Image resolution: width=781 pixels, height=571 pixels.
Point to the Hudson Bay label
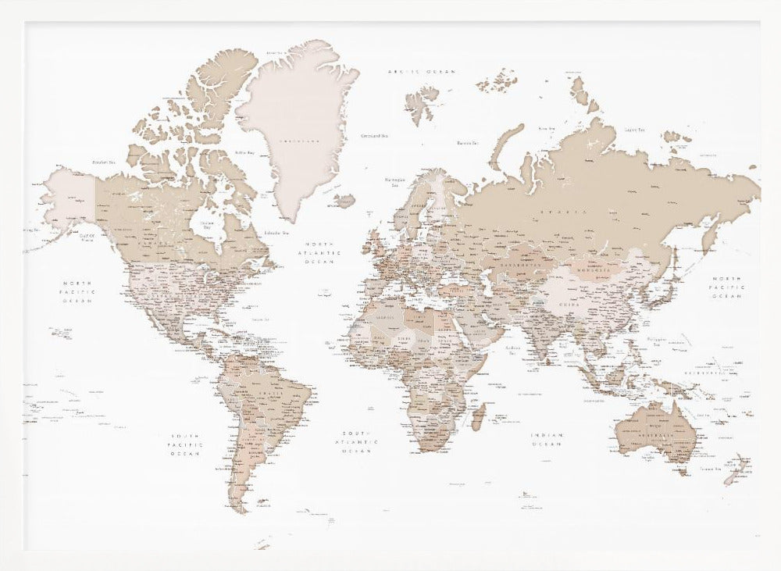(x=207, y=226)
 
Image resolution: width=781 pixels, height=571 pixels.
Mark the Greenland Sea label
(x=374, y=136)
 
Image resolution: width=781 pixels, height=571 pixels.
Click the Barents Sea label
(x=467, y=143)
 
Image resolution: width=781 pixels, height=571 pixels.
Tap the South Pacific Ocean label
(x=187, y=444)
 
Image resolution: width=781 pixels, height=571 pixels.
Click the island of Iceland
(x=344, y=200)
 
